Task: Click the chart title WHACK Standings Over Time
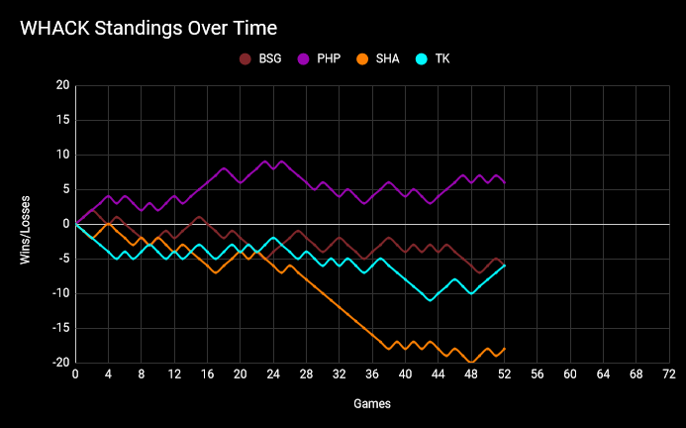click(148, 28)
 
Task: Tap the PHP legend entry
click(320, 59)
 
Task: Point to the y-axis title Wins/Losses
click(27, 224)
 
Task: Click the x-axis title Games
click(372, 404)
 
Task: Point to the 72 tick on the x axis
click(669, 375)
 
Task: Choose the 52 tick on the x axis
click(505, 375)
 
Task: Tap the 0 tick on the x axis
click(76, 375)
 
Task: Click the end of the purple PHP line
click(505, 183)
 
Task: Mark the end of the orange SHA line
click(505, 349)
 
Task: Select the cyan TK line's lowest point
click(430, 300)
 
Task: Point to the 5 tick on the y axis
click(65, 189)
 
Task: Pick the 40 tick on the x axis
click(406, 375)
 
